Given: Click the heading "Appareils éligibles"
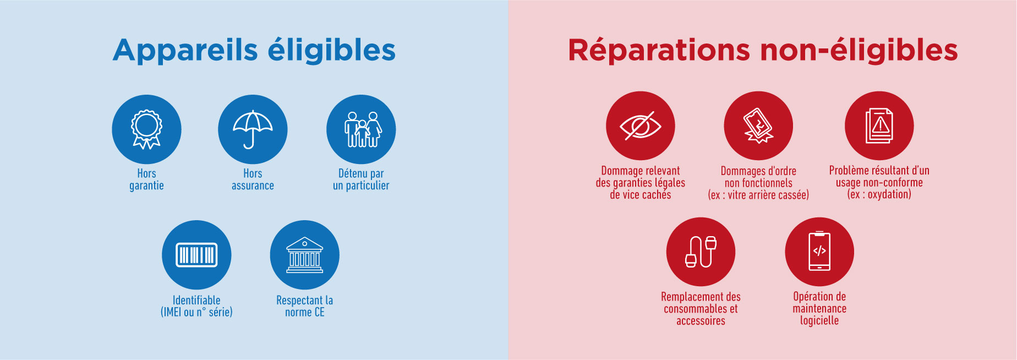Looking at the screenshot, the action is [254, 51].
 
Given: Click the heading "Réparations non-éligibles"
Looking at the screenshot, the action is [763, 50].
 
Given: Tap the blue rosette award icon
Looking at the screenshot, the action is [146, 129].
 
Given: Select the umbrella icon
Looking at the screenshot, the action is [253, 129].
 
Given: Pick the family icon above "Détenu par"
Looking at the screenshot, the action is [361, 129].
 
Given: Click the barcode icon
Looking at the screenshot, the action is [196, 255].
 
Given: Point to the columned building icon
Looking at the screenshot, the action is [304, 255].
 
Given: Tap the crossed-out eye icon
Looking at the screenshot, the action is [641, 126].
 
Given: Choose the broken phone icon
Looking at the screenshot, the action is [758, 126].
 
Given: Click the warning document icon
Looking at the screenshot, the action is [879, 126].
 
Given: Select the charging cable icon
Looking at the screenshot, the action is [701, 252].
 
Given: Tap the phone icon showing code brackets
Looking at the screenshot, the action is [819, 252].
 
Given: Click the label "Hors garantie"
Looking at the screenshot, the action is [146, 179].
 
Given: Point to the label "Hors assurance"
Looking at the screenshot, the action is [253, 179].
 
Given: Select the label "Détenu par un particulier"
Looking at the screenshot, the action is [361, 179].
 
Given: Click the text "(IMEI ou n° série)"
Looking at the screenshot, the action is [196, 312].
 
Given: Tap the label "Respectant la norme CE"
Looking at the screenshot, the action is [304, 306].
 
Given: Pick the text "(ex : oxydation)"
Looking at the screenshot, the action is [879, 194].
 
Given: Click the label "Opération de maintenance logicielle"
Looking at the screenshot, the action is [819, 308].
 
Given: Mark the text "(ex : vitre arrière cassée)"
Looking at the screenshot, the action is [758, 195].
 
